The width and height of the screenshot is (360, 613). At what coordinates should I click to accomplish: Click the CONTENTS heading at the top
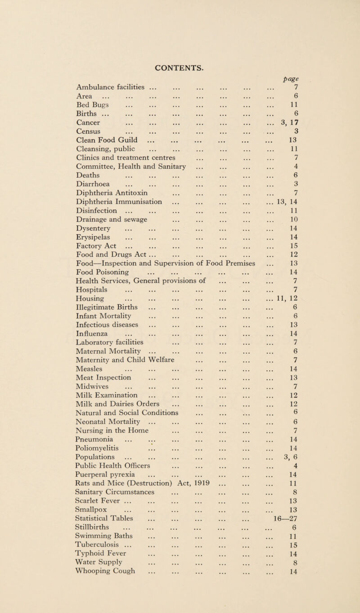180,18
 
